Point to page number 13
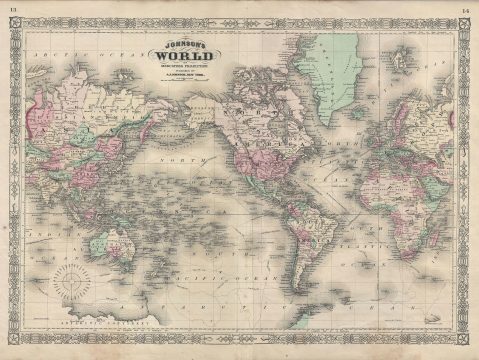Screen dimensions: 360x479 pos(13,9)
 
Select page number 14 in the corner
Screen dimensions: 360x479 pos(466,9)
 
